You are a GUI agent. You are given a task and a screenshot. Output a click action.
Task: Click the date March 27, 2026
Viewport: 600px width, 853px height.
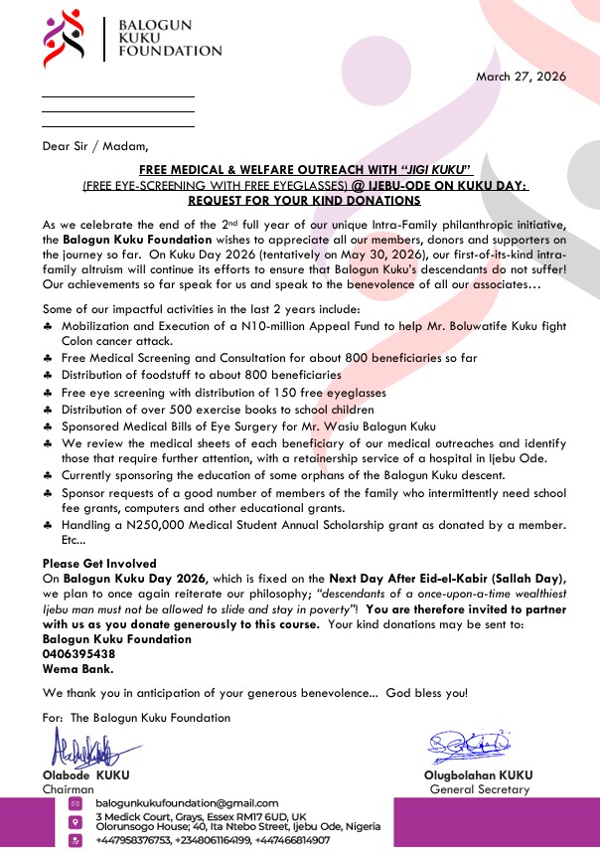coord(521,76)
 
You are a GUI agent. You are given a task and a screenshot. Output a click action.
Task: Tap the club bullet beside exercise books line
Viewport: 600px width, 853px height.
coord(49,409)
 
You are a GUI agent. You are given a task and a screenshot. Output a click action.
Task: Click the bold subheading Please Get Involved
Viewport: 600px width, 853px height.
coord(99,564)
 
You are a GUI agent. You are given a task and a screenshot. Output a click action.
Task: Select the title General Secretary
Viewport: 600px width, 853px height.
coord(480,789)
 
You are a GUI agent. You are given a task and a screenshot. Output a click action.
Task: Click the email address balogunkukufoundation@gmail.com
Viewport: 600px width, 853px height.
coord(187,803)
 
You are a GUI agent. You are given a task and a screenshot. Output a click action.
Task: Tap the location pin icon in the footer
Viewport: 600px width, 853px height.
coord(75,822)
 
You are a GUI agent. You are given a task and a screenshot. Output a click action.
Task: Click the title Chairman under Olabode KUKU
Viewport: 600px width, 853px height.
coord(68,789)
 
